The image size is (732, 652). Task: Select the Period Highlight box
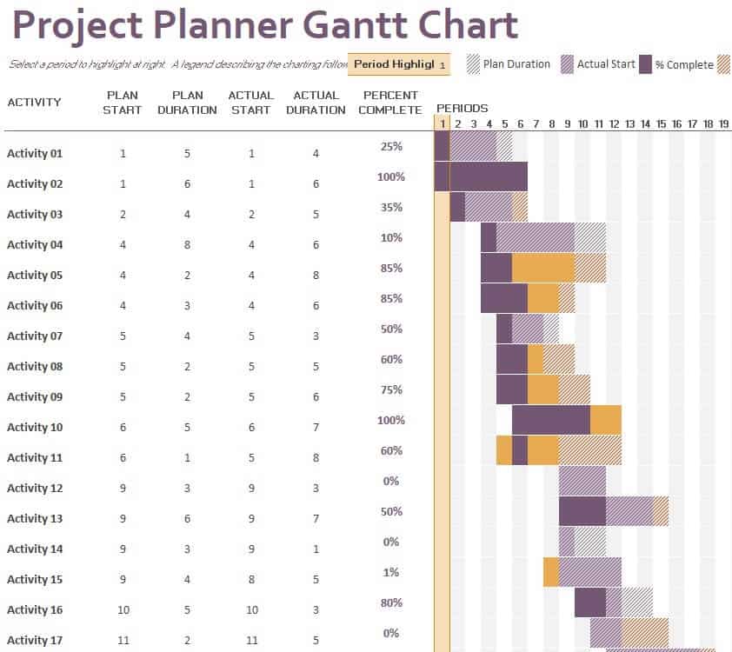click(x=398, y=64)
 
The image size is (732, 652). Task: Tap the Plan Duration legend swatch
click(x=473, y=64)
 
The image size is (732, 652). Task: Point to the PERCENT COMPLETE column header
click(x=390, y=103)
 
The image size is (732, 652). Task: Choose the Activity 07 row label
click(x=35, y=336)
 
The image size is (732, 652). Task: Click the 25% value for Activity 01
click(x=391, y=147)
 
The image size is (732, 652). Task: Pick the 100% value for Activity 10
click(x=391, y=421)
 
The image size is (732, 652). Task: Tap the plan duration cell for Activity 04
click(x=187, y=245)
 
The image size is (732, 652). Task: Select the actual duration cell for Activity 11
click(x=316, y=458)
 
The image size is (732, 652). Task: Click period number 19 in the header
click(x=723, y=124)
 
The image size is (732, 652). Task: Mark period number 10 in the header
click(x=582, y=124)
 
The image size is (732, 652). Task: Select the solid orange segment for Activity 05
click(x=542, y=268)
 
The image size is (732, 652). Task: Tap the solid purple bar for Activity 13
click(x=582, y=511)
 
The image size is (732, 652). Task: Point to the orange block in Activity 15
click(x=551, y=572)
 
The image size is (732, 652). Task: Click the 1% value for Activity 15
click(x=391, y=573)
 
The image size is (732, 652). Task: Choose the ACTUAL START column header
click(x=251, y=103)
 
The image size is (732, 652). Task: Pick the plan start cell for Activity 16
click(x=123, y=610)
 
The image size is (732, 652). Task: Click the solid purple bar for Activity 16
click(x=589, y=602)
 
